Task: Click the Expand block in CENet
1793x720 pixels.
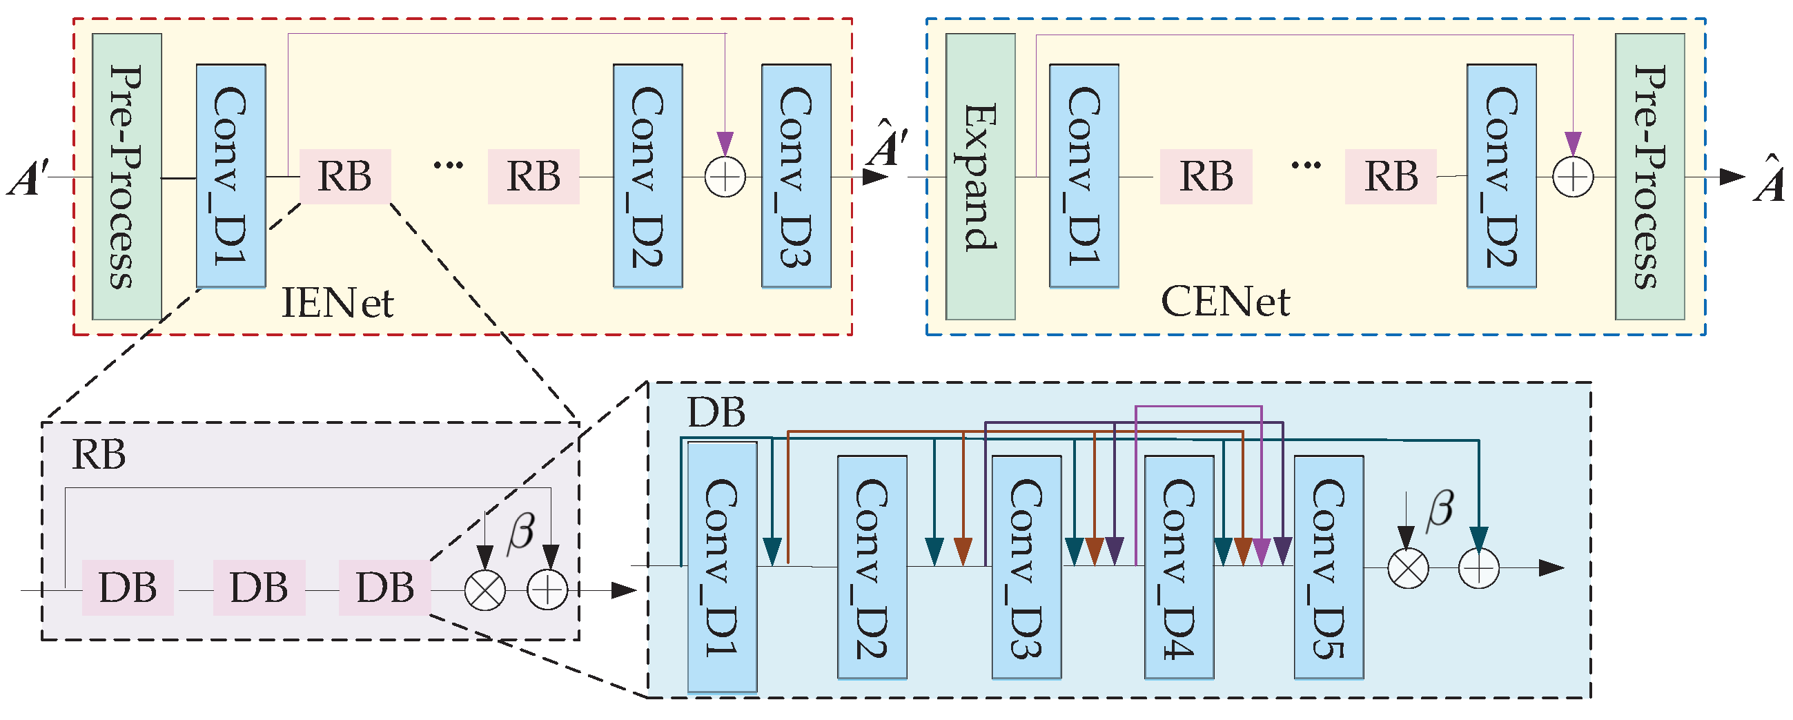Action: click(x=980, y=176)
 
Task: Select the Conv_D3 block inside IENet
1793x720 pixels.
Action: click(x=796, y=176)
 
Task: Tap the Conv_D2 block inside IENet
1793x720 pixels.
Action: click(x=647, y=176)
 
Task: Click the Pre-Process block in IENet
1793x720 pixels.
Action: click(x=127, y=176)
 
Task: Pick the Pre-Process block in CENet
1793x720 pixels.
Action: click(x=1649, y=176)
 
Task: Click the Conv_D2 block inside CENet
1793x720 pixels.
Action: click(x=1501, y=176)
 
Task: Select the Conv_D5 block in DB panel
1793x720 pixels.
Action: click(x=1329, y=567)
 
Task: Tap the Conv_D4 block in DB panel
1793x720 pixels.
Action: click(x=1179, y=567)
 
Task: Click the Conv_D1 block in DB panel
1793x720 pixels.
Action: click(x=722, y=567)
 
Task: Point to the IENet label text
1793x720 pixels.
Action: click(x=337, y=303)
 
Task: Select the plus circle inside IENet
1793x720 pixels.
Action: click(x=725, y=177)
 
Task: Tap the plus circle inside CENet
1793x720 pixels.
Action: click(x=1573, y=177)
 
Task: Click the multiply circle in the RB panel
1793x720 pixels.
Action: click(x=485, y=590)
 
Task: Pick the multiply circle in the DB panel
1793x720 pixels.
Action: click(x=1408, y=568)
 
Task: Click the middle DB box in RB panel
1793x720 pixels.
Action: click(x=259, y=587)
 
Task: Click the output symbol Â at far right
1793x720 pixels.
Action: click(x=1770, y=179)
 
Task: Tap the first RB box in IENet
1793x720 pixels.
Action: click(x=345, y=176)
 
